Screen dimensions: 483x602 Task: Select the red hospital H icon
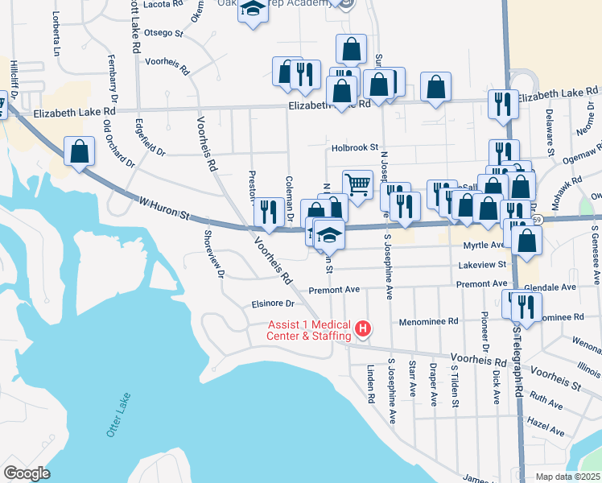[x=363, y=328]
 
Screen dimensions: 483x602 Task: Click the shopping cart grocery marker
[x=357, y=184]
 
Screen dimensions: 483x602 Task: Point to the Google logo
[x=26, y=473]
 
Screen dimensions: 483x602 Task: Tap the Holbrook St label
[x=354, y=148]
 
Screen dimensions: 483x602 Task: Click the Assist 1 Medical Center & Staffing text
[x=310, y=331]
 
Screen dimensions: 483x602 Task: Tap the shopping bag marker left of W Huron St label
[x=80, y=151]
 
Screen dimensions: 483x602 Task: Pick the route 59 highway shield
[x=537, y=219]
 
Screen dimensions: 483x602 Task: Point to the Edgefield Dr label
[x=150, y=139]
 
